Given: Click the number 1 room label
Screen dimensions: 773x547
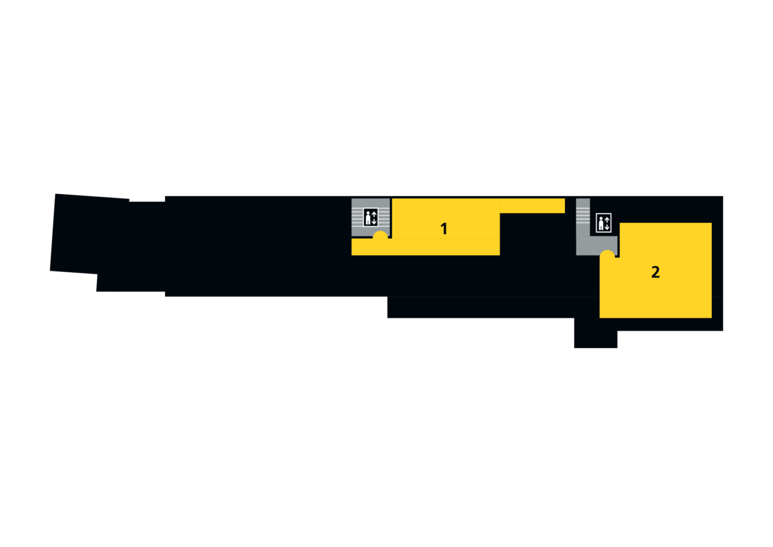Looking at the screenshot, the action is coord(443,229).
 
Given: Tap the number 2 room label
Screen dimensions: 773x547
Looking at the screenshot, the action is coord(655,272).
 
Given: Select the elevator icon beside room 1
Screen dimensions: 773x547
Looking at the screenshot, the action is coord(371,217).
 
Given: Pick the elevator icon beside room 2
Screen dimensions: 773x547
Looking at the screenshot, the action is coord(604,222).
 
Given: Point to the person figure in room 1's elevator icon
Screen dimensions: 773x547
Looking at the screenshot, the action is coord(368,218).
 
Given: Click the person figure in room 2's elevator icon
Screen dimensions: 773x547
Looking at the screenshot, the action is coord(600,223).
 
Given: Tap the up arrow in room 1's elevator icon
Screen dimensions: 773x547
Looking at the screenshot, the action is coord(374,214).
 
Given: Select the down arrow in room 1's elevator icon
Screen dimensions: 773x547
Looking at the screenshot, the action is coord(374,221).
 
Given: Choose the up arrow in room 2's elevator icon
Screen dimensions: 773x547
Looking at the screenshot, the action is coord(607,219).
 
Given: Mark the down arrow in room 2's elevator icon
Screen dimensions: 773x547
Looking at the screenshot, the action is coord(607,226).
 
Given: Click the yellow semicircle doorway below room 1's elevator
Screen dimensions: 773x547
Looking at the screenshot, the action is coord(380,236).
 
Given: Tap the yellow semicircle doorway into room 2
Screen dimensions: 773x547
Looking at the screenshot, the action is coord(607,254).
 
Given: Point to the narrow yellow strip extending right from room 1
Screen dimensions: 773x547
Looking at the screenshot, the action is coord(533,206).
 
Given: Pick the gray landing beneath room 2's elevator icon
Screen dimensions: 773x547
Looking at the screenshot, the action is coord(597,245).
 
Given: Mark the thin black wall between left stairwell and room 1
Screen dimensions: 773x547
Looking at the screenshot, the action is coord(391,218).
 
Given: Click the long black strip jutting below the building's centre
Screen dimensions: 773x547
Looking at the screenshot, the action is coord(493,307).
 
